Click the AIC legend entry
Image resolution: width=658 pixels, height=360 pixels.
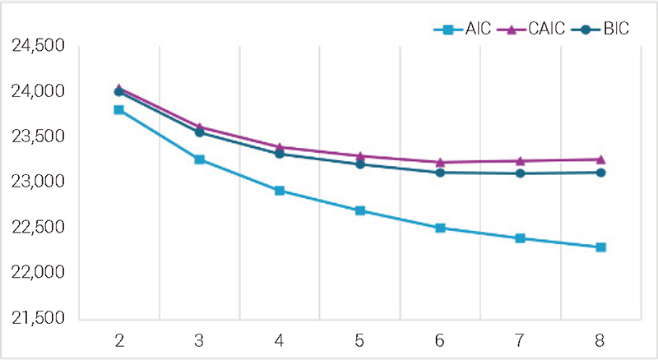pyautogui.click(x=462, y=30)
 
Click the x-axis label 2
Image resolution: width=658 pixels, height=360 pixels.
pyautogui.click(x=118, y=339)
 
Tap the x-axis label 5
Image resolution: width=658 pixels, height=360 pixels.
pyautogui.click(x=359, y=339)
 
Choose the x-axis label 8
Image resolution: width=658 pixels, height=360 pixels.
pyautogui.click(x=600, y=339)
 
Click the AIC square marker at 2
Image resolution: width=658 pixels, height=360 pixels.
pyautogui.click(x=119, y=109)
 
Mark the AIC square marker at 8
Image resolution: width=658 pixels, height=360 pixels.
pyautogui.click(x=601, y=247)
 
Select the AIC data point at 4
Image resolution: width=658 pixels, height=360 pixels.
pyautogui.click(x=280, y=191)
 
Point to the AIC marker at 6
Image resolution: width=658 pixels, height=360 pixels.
pyautogui.click(x=440, y=228)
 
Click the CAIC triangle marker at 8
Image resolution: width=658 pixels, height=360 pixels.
pyautogui.click(x=601, y=159)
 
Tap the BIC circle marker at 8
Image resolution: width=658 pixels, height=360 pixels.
pyautogui.click(x=601, y=173)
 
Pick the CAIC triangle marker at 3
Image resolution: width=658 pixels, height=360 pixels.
pyautogui.click(x=200, y=127)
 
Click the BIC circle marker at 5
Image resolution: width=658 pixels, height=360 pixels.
pyautogui.click(x=360, y=164)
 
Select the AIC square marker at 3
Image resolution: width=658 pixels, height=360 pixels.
pyautogui.click(x=200, y=159)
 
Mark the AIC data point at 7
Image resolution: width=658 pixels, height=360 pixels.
pyautogui.click(x=521, y=238)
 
